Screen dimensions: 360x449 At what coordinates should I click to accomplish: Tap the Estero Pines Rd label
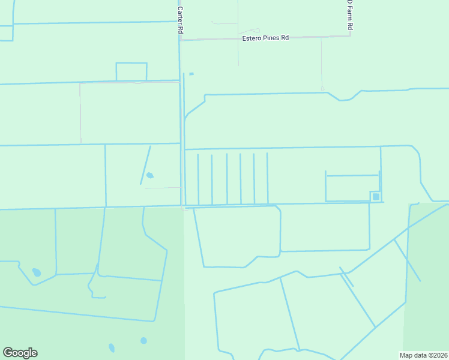click(x=265, y=38)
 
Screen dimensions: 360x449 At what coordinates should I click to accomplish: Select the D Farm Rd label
click(x=350, y=15)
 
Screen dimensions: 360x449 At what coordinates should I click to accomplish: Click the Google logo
click(x=20, y=353)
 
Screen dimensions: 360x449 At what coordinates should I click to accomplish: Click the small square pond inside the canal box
click(x=376, y=196)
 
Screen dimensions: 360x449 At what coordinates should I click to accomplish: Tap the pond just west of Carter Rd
click(x=149, y=176)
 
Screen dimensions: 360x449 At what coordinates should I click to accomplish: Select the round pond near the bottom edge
click(x=143, y=341)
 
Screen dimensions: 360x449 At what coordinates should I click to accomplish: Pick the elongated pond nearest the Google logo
click(x=112, y=347)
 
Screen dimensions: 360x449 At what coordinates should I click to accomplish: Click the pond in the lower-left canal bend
click(x=37, y=272)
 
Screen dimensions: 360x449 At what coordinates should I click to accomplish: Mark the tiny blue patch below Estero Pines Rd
click(x=191, y=74)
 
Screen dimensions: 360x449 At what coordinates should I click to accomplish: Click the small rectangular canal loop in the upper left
click(x=131, y=71)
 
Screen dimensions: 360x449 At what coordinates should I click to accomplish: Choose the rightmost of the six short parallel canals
click(x=267, y=178)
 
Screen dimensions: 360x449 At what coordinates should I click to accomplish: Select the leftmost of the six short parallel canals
click(x=198, y=178)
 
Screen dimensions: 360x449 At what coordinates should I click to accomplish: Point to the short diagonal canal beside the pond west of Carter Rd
click(x=145, y=164)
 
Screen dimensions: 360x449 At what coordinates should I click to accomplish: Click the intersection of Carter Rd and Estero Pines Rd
click(x=180, y=40)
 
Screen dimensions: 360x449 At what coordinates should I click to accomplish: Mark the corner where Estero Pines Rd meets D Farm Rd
click(x=350, y=36)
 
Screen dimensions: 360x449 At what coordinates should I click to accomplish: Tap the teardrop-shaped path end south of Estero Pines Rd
click(x=322, y=89)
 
